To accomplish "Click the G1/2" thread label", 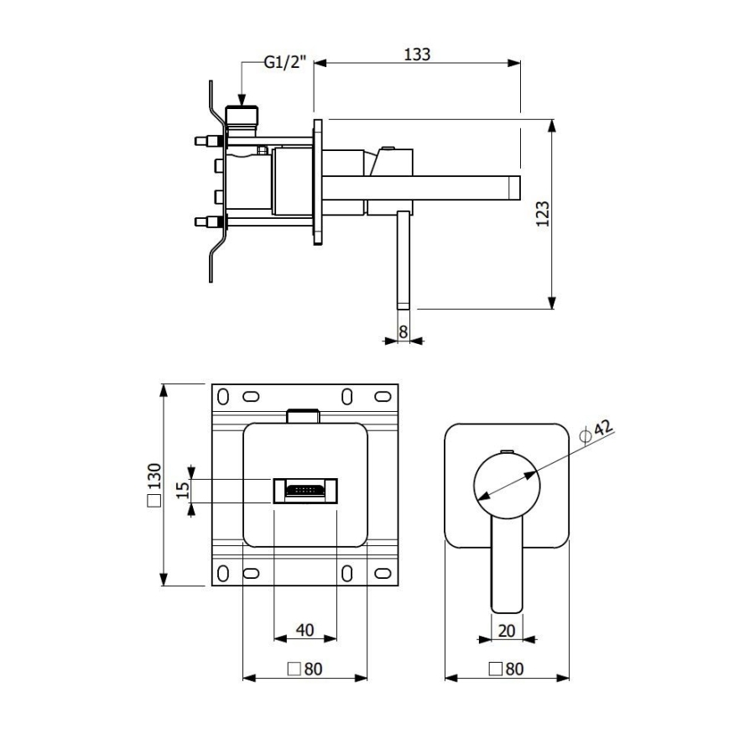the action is pos(285,61).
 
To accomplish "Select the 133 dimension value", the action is pos(417,55).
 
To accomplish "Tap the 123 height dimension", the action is pos(543,214).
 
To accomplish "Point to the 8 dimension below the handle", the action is pos(404,331).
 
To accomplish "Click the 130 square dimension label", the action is pos(154,484).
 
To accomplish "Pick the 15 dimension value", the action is pos(183,491).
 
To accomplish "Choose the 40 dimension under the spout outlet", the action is pos(305,630).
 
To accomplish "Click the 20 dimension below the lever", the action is pos(507,630).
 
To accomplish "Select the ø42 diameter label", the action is pos(596,430).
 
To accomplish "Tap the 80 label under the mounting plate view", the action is pos(305,669).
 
